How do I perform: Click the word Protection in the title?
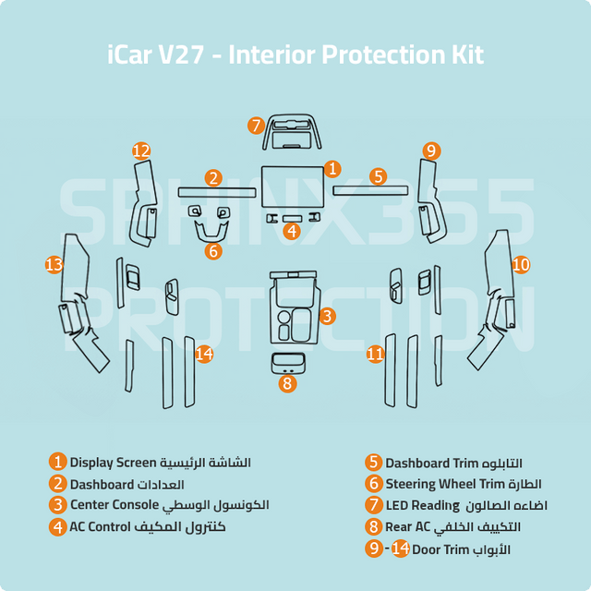[x=382, y=55]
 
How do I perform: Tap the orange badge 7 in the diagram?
[x=257, y=126]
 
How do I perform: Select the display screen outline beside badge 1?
[x=293, y=187]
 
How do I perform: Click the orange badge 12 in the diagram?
[x=141, y=151]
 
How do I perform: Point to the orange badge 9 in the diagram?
[x=431, y=151]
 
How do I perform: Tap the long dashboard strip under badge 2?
[x=217, y=193]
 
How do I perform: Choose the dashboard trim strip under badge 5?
[x=370, y=190]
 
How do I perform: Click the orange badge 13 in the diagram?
[x=54, y=265]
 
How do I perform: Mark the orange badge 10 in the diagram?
[x=521, y=265]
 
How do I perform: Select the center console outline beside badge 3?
[x=295, y=308]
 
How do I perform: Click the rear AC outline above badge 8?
[x=288, y=364]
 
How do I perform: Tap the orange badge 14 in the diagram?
[x=204, y=354]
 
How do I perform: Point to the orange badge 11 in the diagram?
[x=376, y=354]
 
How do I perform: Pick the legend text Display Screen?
[x=113, y=463]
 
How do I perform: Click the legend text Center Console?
[x=115, y=505]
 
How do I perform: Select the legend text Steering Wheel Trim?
[x=445, y=484]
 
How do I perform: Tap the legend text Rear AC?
[x=407, y=526]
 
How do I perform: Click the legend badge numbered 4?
[x=57, y=527]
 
